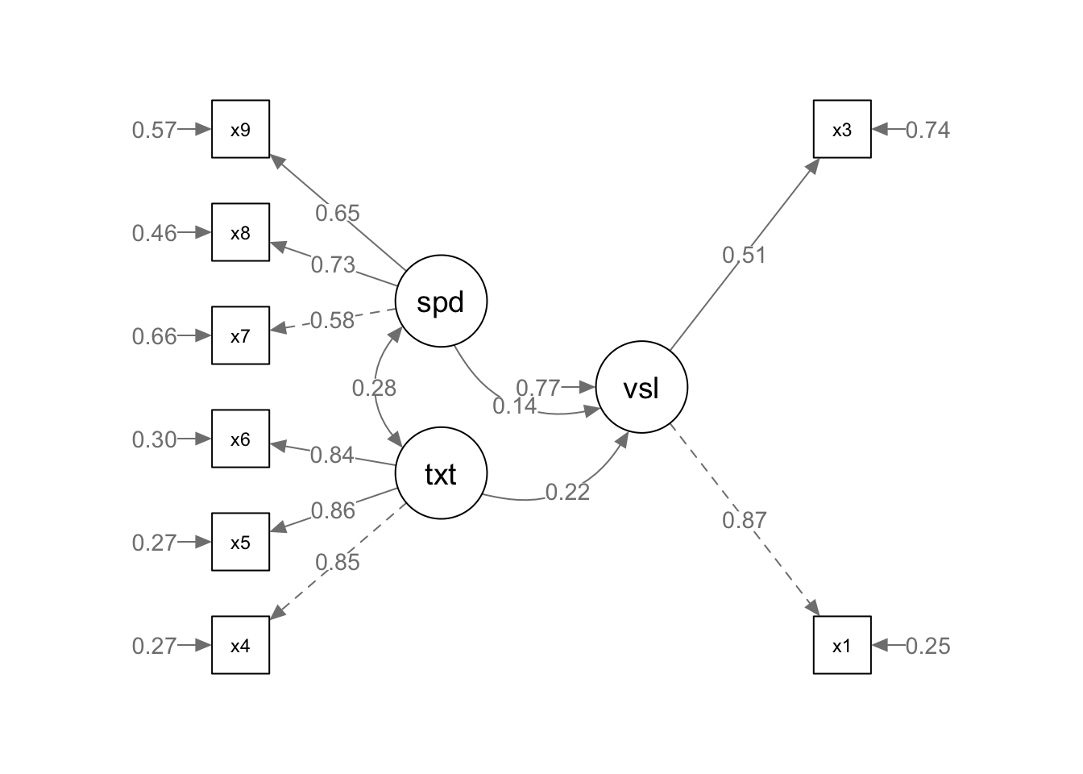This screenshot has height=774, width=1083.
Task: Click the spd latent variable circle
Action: [441, 302]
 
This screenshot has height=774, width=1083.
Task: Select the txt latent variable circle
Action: [441, 474]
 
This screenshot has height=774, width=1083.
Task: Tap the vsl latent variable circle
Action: [641, 388]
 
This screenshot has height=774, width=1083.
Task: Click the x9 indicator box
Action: [240, 129]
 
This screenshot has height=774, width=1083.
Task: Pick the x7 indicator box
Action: [240, 335]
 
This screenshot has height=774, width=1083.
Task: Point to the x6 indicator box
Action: [240, 439]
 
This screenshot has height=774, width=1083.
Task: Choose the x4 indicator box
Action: [240, 645]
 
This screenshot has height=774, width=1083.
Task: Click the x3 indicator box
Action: [841, 129]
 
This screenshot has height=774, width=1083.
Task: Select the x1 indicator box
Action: [841, 645]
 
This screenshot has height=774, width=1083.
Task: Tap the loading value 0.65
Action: [337, 214]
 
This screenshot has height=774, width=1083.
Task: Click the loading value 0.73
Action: [333, 264]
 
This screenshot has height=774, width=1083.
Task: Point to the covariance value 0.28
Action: [374, 389]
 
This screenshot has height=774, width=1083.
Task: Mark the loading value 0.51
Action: [744, 256]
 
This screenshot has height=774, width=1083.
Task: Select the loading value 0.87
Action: [744, 520]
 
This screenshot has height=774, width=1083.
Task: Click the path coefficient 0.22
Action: [567, 492]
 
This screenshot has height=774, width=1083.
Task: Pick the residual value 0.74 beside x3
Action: [927, 130]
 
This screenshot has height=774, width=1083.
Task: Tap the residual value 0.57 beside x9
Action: [154, 130]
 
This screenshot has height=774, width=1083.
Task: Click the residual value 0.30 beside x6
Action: [154, 439]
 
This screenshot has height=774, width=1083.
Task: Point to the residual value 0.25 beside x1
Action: [927, 646]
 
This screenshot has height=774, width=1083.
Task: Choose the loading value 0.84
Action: [332, 456]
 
